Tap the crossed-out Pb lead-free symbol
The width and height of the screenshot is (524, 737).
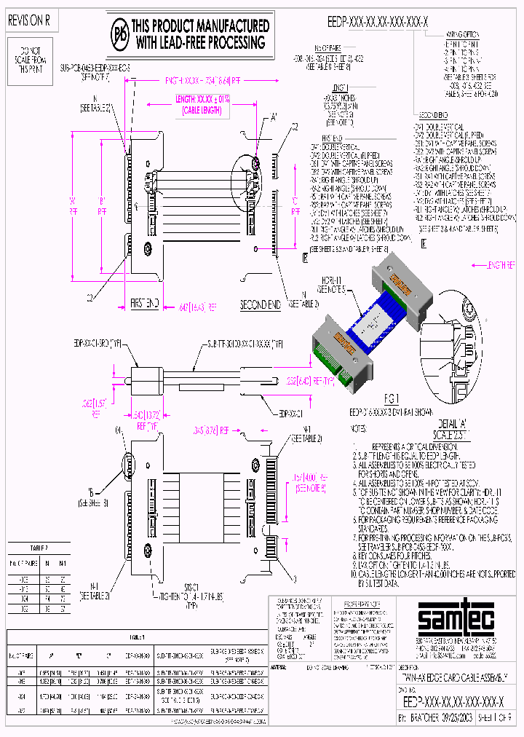(x=120, y=33)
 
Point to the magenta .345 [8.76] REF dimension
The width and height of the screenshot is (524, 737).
(x=211, y=430)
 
